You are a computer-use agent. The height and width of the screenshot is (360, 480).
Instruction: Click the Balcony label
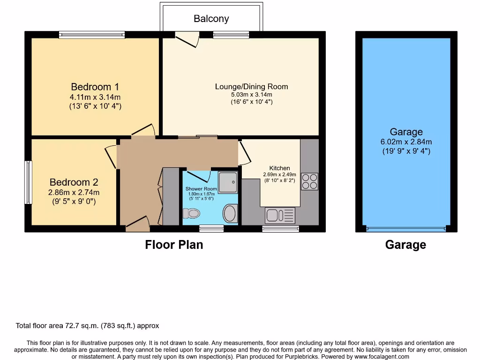211,19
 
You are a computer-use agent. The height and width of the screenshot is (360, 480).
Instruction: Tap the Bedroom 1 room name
95,87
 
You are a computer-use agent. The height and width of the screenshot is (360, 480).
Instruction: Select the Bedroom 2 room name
74,182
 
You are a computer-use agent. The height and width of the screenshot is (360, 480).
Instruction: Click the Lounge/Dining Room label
251,86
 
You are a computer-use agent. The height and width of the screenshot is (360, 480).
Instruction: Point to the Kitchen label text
279,168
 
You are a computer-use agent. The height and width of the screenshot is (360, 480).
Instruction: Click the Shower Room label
201,189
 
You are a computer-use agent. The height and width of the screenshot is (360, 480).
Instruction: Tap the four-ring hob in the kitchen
309,181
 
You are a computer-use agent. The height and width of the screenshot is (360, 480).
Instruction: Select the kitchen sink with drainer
280,216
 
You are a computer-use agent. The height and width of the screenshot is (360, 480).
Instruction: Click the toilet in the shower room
192,214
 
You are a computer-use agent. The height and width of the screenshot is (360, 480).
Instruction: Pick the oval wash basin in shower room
230,214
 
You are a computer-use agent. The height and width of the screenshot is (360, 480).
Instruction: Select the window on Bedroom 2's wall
28,182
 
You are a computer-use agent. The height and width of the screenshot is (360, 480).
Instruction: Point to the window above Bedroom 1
92,34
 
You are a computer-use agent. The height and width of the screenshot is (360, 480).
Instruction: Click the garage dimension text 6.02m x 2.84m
406,142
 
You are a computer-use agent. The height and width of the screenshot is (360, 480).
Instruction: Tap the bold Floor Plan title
174,245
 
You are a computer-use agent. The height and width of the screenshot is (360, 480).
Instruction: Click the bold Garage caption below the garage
405,245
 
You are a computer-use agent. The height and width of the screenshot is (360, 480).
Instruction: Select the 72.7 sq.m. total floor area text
87,326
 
